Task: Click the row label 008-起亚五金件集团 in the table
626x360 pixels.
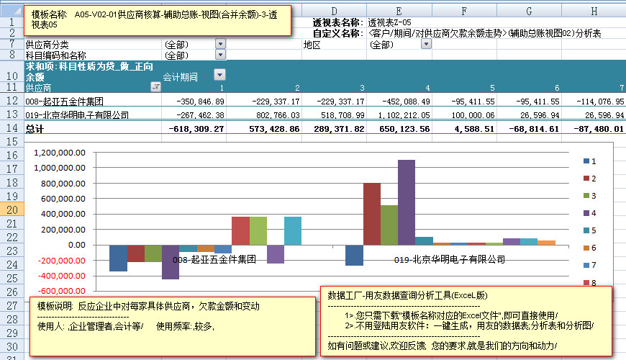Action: pyautogui.click(x=65, y=102)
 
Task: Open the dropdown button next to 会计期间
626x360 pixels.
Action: pyautogui.click(x=219, y=74)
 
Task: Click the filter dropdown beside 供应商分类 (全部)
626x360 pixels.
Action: pyautogui.click(x=220, y=44)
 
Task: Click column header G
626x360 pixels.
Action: pyautogui.click(x=529, y=11)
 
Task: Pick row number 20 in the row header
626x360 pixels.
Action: pyautogui.click(x=12, y=210)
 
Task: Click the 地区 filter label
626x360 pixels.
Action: pyautogui.click(x=312, y=44)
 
